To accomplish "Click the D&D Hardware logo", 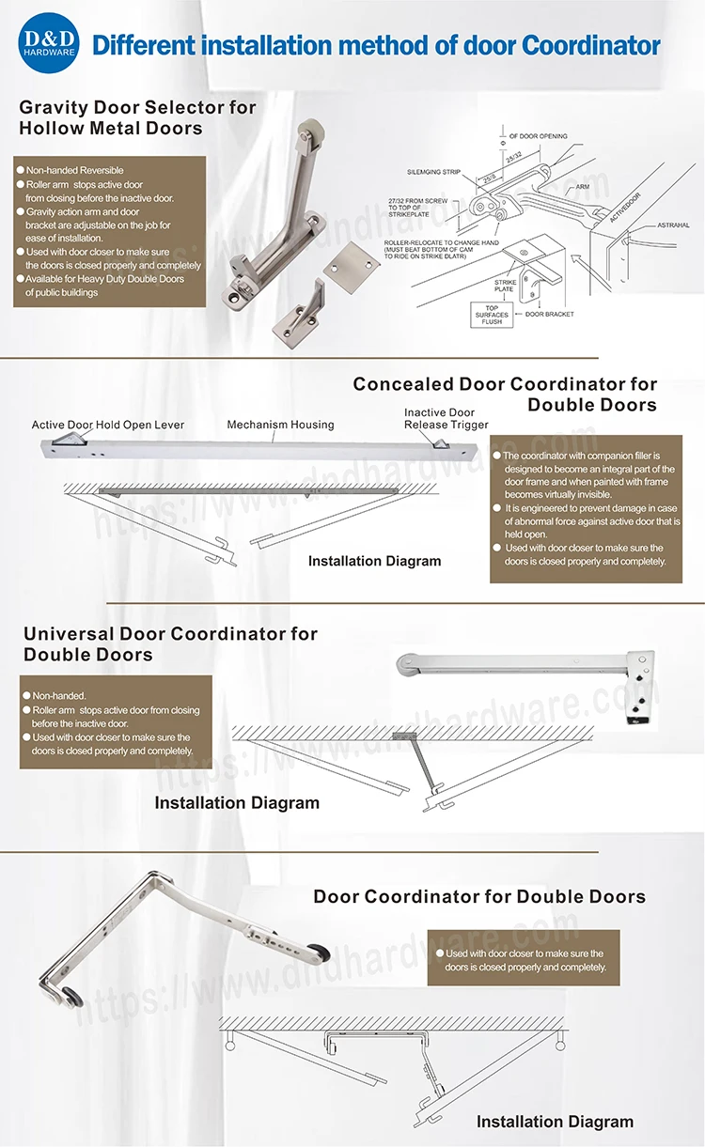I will pos(48,43).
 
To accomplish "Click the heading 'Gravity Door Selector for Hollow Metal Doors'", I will pos(137,117).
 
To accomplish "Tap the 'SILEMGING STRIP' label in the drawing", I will pos(433,172).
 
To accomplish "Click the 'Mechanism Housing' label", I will pos(280,426).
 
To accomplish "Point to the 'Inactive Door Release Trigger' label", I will pos(446,419).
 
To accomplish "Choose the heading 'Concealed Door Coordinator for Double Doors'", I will pos(505,395).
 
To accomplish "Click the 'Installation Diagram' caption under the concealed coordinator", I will pos(374,561).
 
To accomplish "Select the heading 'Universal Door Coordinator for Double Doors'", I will pos(170,644).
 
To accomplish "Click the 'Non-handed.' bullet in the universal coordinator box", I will pos(58,695).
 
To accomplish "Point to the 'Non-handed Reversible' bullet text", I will pos(74,170).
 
